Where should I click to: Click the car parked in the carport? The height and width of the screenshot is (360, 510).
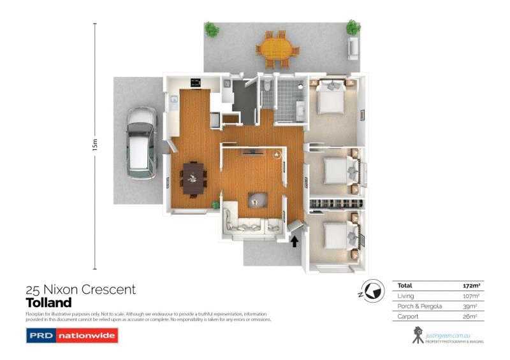[x=140, y=142]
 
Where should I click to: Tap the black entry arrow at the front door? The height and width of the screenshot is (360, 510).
[x=295, y=241]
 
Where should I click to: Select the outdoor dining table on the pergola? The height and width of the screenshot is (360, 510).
[x=277, y=48]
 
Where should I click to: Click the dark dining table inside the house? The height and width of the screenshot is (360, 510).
[x=193, y=176]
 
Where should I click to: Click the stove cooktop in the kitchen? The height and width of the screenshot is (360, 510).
[x=196, y=82]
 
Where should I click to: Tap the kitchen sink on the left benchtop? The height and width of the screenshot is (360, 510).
[x=173, y=99]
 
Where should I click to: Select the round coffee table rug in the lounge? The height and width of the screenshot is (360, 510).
[x=258, y=200]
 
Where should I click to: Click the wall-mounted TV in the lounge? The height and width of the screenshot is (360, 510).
[x=253, y=152]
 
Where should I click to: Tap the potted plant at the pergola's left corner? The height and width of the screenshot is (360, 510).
[x=212, y=29]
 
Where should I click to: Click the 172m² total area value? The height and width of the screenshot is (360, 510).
[x=470, y=285]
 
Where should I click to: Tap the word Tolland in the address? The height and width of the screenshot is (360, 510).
[x=48, y=303]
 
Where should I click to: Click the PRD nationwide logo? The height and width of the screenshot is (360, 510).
[x=71, y=336]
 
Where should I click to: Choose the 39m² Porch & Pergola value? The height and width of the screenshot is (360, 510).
[x=470, y=306]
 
